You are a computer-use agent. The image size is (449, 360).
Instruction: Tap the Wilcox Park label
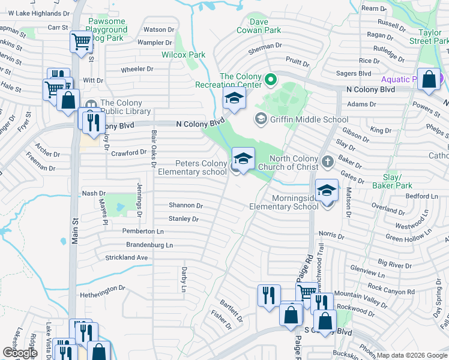[183, 55]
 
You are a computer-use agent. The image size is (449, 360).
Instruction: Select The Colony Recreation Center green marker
[270, 79]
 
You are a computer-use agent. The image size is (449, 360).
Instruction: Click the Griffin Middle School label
[309, 119]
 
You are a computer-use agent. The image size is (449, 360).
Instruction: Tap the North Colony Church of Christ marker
[327, 161]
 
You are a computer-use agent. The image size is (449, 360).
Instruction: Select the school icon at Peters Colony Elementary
[243, 160]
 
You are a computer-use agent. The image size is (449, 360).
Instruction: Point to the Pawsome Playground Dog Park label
[107, 29]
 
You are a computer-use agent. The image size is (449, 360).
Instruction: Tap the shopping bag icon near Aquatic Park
[430, 81]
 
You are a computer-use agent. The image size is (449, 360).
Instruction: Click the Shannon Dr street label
[185, 205]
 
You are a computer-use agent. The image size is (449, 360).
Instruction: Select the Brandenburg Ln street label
[149, 245]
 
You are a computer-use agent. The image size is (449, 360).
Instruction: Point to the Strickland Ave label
[127, 257]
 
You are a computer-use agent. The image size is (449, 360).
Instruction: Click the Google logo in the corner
[20, 353]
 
